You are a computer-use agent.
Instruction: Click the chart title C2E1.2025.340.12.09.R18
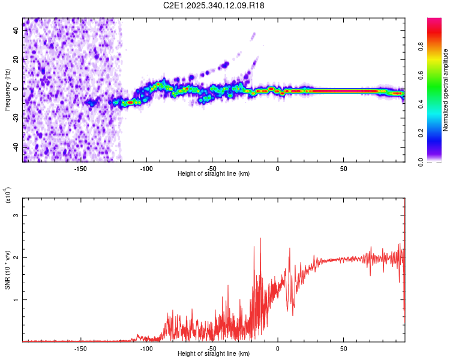(214, 5)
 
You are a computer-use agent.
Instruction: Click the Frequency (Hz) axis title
(7, 90)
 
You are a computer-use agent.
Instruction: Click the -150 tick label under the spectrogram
(80, 169)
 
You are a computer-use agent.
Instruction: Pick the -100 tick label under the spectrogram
(146, 169)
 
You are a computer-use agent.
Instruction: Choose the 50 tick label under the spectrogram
(343, 169)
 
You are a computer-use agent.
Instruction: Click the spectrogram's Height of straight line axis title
(214, 174)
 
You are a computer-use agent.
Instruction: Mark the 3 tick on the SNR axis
(17, 215)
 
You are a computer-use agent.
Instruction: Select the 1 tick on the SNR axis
(17, 299)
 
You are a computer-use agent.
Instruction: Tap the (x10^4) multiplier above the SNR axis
(9, 196)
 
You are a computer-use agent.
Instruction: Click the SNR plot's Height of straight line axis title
(214, 354)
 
